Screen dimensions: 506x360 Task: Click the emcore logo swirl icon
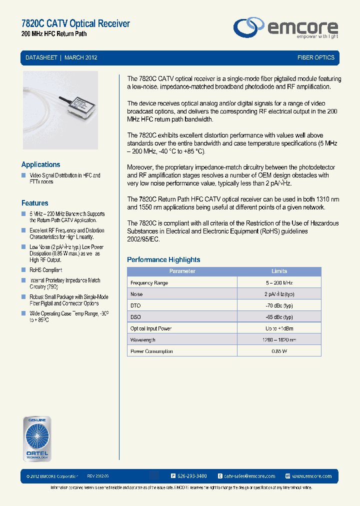point(249,27)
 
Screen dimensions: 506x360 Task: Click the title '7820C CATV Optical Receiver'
point(75,23)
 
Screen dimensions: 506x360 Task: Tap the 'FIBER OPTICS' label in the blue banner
point(315,57)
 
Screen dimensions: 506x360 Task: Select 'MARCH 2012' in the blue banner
point(81,57)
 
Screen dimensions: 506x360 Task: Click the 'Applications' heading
point(40,164)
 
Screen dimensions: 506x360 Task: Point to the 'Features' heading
point(34,203)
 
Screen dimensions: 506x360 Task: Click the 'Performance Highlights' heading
point(163,259)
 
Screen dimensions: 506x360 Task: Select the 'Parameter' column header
point(182,271)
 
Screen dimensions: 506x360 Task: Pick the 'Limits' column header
point(279,271)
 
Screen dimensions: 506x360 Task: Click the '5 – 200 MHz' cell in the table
point(279,283)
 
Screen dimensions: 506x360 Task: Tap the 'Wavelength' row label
point(143,340)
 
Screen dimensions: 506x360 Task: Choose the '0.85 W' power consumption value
point(279,351)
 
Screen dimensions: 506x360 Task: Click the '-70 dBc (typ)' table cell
point(279,305)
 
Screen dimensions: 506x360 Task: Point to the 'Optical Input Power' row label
point(151,328)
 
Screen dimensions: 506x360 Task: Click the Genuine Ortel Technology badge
point(36,438)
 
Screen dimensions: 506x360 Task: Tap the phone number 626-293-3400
point(192,476)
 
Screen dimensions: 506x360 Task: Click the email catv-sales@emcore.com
point(249,476)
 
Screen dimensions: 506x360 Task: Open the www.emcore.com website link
point(311,476)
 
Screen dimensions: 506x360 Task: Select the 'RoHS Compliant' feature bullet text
point(45,270)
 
